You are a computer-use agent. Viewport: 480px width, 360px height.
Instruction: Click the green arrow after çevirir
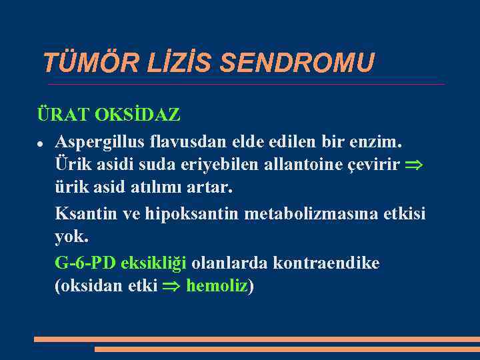pos(417,165)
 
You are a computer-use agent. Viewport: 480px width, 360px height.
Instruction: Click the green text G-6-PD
pos(85,263)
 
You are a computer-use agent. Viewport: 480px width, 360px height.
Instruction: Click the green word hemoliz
pos(217,286)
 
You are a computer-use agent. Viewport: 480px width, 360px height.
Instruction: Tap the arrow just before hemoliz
pos(172,287)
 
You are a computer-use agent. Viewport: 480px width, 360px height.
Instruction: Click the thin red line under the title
pos(247,84)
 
